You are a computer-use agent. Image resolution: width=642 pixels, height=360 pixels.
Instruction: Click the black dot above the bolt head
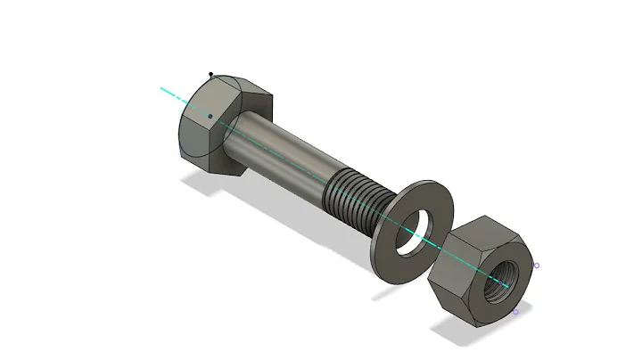pyautogui.click(x=210, y=75)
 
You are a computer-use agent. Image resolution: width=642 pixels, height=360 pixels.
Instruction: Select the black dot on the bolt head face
pyautogui.click(x=210, y=115)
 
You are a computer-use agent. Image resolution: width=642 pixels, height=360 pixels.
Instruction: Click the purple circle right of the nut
pyautogui.click(x=536, y=265)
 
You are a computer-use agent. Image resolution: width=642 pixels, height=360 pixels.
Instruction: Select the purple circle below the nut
pyautogui.click(x=515, y=312)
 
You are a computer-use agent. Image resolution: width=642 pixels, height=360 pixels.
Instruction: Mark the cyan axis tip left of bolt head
pyautogui.click(x=162, y=89)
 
